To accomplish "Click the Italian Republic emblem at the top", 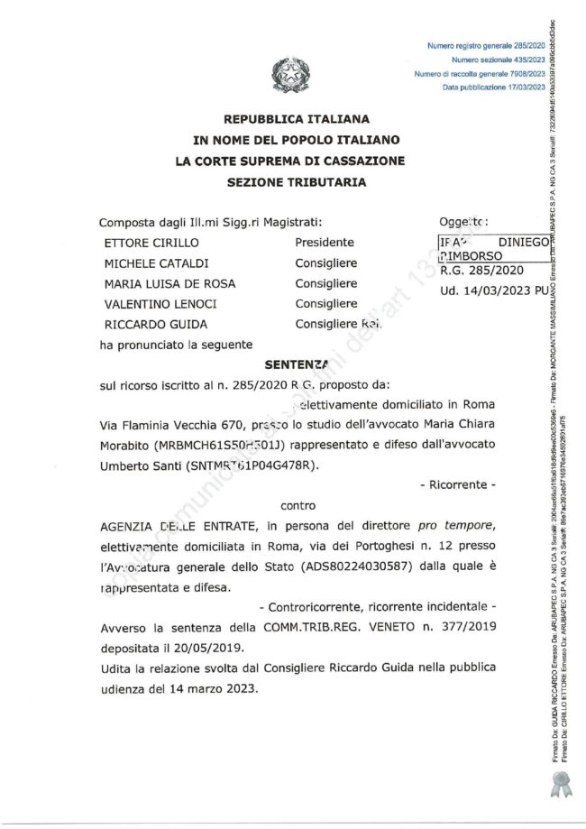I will coord(289,77).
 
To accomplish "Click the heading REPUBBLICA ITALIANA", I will coord(297,120).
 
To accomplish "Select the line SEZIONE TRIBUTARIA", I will coord(297,182).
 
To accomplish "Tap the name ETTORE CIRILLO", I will coord(151,243).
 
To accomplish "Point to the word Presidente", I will coord(325,243).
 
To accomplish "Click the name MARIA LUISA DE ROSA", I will coord(170,283).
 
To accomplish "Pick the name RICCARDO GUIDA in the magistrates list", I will coord(156,325).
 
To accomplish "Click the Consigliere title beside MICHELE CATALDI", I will coord(326,263).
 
